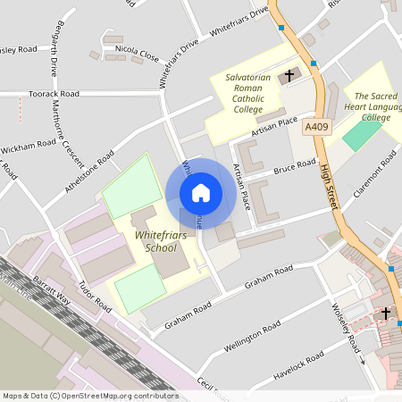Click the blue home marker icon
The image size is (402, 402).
(x=201, y=193)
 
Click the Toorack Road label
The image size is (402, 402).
(x=54, y=93)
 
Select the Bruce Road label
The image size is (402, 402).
(x=295, y=166)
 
